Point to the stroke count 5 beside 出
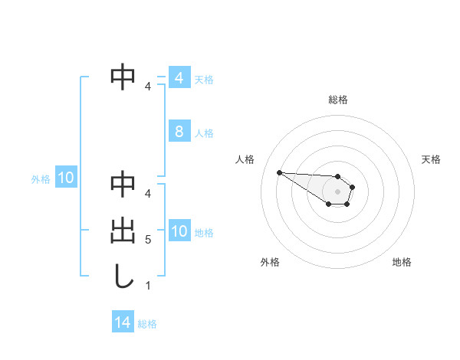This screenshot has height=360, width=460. click(x=148, y=240)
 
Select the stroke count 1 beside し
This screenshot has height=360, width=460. click(x=148, y=285)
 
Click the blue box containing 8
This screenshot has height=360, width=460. click(x=179, y=132)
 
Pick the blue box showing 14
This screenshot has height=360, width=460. click(x=123, y=322)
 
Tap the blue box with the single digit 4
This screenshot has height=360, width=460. click(x=179, y=78)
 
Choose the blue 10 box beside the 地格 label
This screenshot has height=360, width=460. click(x=179, y=231)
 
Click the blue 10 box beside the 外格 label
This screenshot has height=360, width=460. click(x=66, y=178)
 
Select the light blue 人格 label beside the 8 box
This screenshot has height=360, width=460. click(x=204, y=133)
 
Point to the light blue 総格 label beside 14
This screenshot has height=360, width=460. click(x=147, y=324)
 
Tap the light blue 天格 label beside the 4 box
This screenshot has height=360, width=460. click(x=204, y=80)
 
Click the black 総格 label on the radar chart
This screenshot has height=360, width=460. click(x=338, y=100)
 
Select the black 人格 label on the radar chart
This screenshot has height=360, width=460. click(x=245, y=159)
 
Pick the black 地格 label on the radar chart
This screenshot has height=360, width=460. click(x=402, y=262)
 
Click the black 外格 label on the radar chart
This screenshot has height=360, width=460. click(x=270, y=262)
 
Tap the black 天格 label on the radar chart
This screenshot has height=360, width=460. click(x=431, y=159)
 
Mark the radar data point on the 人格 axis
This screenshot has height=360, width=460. click(x=279, y=172)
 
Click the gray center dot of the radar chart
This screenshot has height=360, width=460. click(x=338, y=191)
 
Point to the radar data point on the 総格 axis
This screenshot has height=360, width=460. click(x=338, y=177)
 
